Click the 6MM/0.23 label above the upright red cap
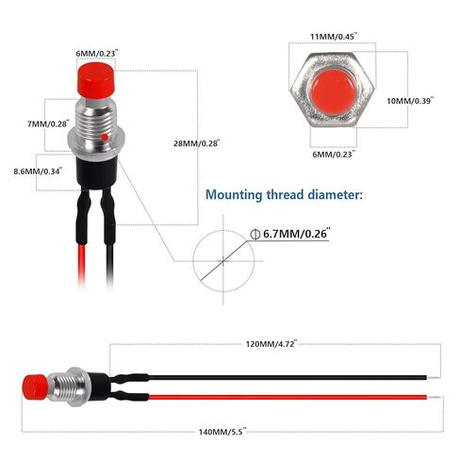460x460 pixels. point(97,54)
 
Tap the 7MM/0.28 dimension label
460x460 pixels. point(48,123)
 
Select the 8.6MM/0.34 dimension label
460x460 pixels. point(38,172)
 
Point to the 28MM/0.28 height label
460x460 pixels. point(197,143)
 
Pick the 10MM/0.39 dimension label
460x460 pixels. point(410,101)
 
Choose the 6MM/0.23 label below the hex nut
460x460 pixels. point(334,155)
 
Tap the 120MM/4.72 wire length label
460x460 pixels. point(271,344)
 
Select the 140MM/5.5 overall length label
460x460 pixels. point(222,432)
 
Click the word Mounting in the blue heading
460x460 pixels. point(234,195)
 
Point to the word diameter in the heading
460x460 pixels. point(335,194)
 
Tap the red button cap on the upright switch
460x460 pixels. point(95,80)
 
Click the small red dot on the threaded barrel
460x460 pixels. point(105,138)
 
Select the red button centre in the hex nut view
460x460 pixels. point(334,92)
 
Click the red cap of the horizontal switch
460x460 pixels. point(35,387)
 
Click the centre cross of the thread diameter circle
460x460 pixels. point(223,261)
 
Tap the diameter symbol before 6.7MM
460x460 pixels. point(255,234)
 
